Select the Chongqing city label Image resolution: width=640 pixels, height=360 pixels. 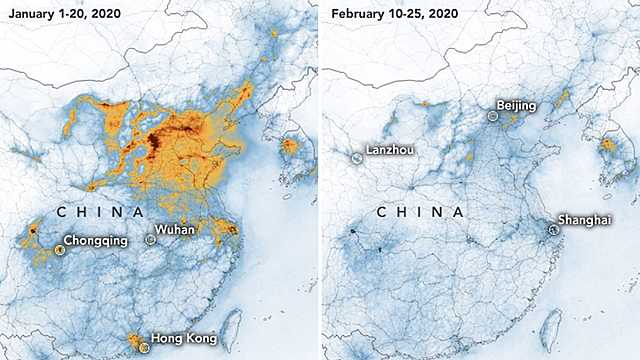click(x=95, y=241)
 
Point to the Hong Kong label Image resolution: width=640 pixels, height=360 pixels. click(x=185, y=338)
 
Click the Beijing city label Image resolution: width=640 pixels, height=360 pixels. click(x=517, y=105)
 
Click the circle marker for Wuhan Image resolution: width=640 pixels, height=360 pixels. click(x=151, y=240)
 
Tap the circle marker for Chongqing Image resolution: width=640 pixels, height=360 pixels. click(x=59, y=251)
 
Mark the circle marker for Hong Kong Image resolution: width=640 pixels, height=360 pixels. click(x=144, y=346)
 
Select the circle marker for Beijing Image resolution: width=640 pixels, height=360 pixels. click(x=493, y=116)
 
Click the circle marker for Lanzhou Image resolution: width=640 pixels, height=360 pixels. click(x=355, y=157)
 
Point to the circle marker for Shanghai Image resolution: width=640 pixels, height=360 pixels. click(x=553, y=229)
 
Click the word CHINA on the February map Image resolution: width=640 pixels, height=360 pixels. click(x=420, y=213)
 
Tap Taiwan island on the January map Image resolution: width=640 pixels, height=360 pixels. click(x=227, y=327)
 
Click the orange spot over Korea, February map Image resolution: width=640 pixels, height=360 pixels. click(x=606, y=146)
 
